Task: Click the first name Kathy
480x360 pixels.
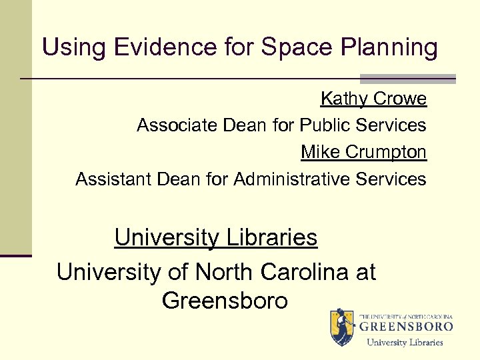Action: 344,99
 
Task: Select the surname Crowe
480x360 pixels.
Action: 400,99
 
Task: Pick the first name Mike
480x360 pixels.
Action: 320,152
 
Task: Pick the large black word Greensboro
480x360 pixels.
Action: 225,301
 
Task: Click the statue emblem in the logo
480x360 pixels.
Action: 342,327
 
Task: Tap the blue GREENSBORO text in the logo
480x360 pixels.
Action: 407,327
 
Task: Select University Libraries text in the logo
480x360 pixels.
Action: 405,342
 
